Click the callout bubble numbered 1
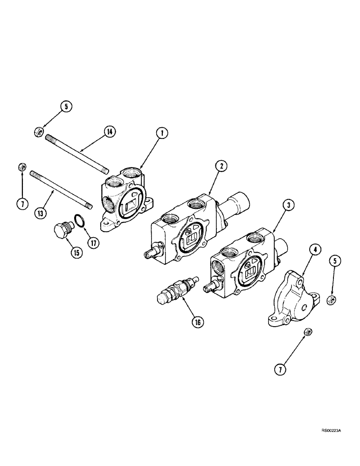tap(161, 133)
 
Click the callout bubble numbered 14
tap(109, 132)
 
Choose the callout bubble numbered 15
tap(75, 253)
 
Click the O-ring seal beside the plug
tap(80, 220)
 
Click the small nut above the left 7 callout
tap(21, 167)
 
